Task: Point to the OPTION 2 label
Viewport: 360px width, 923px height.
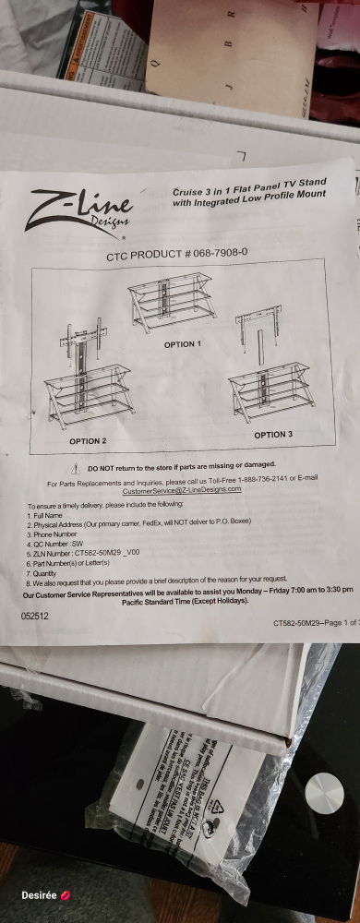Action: click(88, 441)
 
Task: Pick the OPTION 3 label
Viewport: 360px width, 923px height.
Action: click(273, 434)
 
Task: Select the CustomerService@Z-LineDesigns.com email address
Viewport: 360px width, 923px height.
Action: click(182, 489)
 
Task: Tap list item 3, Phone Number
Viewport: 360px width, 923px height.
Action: click(52, 534)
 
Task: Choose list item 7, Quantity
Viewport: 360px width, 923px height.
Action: click(45, 573)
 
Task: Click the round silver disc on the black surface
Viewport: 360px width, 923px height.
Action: click(323, 792)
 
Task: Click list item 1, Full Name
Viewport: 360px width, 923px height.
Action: click(45, 515)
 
